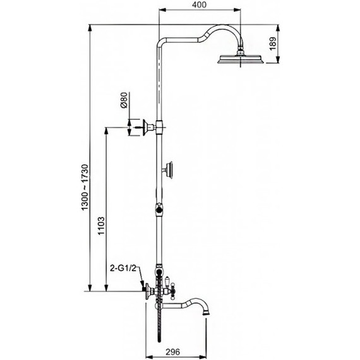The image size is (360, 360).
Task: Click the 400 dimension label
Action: [x=200, y=5]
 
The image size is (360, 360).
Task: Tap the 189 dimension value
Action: [x=272, y=44]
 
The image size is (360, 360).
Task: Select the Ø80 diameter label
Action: [x=124, y=100]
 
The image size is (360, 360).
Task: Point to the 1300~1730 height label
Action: [x=85, y=187]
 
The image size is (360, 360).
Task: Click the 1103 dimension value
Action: [x=101, y=225]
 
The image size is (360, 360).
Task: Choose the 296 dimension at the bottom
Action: [x=172, y=352]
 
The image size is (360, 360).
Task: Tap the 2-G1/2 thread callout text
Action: [x=123, y=268]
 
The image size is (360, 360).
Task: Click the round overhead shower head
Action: [x=241, y=59]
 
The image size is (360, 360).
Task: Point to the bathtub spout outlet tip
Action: [x=206, y=314]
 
